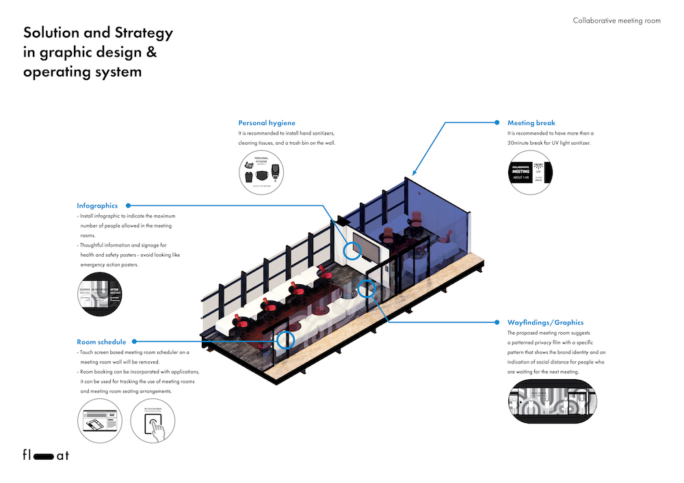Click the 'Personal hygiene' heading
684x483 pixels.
[267, 123]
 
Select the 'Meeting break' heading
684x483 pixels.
[531, 123]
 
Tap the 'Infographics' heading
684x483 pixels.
[97, 205]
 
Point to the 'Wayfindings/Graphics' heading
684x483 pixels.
[545, 322]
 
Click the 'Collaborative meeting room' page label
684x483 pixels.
[616, 20]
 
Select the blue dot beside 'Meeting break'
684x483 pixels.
[497, 123]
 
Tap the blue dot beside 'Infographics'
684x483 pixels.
[128, 205]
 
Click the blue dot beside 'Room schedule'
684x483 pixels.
[135, 341]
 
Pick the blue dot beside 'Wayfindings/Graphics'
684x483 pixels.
[496, 322]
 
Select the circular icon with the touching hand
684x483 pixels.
[153, 422]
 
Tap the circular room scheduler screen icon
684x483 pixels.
[99, 422]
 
